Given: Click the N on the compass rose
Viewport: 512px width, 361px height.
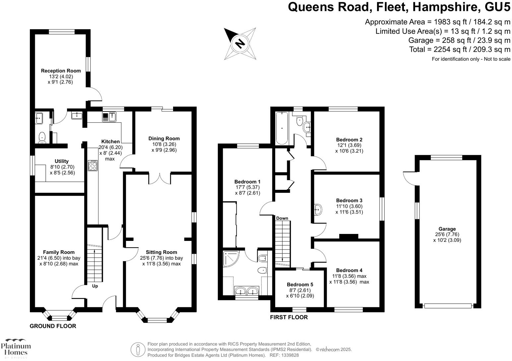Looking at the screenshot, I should click(240, 43).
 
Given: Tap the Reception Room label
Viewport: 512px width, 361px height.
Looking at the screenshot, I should click(61, 71).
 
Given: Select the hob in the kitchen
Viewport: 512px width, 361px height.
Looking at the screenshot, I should click(93, 166).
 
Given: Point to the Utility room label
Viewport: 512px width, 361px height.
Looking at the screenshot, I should click(62, 161).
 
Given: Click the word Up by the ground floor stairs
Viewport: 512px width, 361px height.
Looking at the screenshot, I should click(95, 286).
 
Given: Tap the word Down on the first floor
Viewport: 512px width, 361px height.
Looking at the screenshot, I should click(282, 218).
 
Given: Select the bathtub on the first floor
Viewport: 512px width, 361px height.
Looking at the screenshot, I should click(282, 128).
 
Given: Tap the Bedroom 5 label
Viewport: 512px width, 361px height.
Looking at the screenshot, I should click(300, 285).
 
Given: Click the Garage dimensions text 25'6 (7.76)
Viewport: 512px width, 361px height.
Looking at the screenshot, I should click(447, 235).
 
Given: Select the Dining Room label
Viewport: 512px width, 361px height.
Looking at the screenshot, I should click(164, 139).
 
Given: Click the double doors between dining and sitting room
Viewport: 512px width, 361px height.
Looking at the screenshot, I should click(160, 179).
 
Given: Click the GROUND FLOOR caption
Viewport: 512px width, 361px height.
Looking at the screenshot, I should click(53, 326).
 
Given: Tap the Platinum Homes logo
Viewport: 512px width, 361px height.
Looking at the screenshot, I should click(16, 348).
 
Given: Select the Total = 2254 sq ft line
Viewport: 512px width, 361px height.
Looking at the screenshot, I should click(460, 49).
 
